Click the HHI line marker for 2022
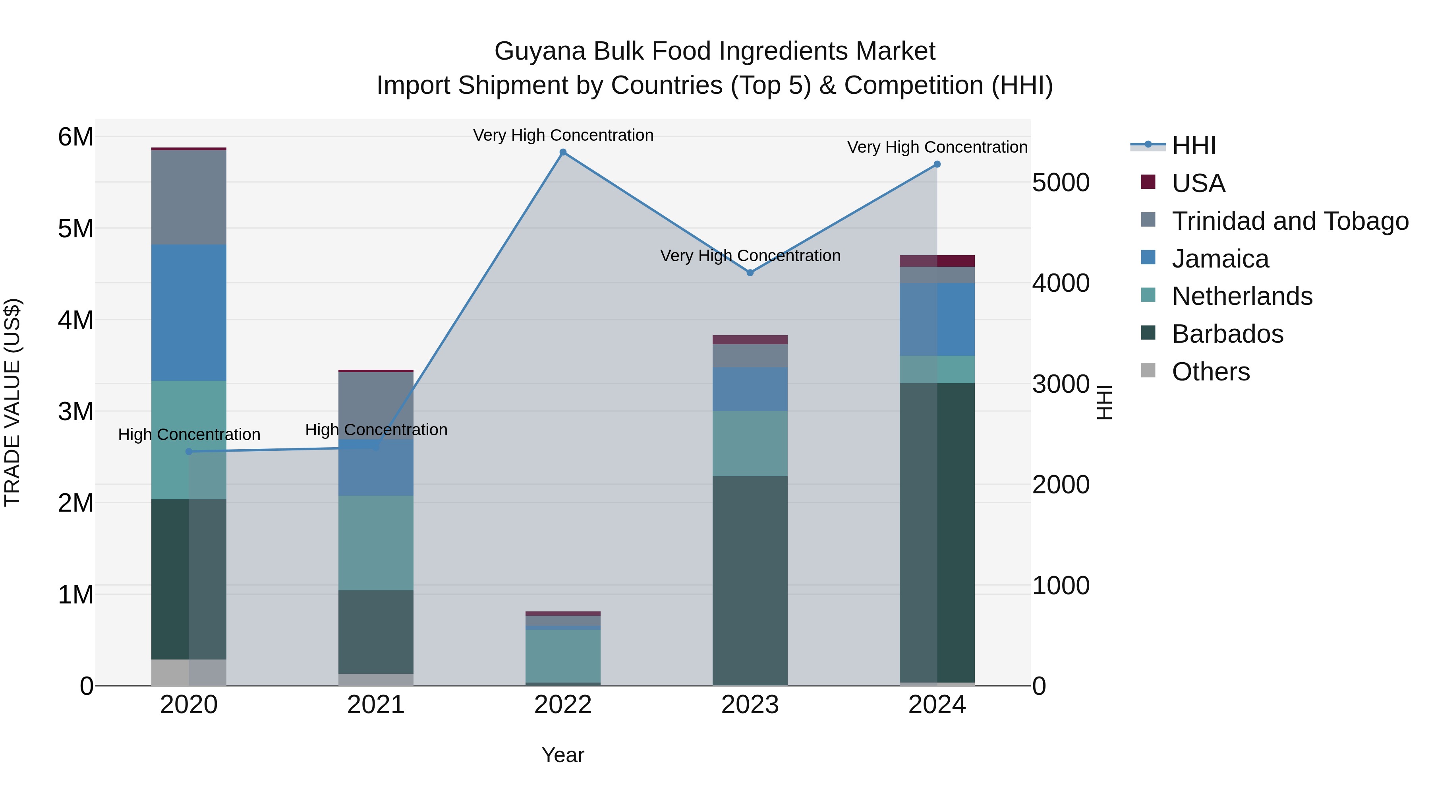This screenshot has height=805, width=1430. (563, 152)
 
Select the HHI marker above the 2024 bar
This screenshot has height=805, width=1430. (937, 165)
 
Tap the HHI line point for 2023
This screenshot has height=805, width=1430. (750, 273)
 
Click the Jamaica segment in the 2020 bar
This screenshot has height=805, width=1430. (189, 313)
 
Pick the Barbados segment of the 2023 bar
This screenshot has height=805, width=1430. (750, 580)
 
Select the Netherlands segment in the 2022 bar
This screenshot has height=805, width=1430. (563, 656)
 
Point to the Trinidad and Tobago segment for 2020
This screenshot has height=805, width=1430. (189, 197)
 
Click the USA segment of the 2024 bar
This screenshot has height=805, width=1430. (937, 261)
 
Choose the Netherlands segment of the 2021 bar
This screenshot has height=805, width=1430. (376, 543)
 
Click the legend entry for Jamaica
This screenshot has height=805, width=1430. (1220, 259)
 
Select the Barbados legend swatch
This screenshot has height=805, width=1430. (1148, 334)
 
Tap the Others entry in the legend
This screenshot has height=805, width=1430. (1211, 372)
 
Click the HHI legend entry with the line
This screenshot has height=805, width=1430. (1194, 145)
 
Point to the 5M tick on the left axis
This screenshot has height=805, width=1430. (76, 228)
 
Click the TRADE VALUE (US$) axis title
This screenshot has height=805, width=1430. (12, 402)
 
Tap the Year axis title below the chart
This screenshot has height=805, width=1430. (563, 755)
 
